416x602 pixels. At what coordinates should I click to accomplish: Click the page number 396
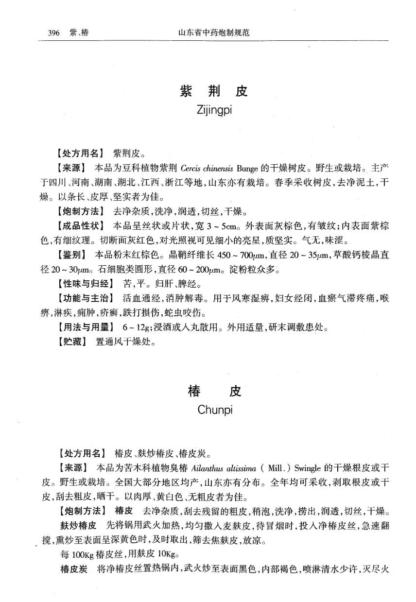tap(53, 33)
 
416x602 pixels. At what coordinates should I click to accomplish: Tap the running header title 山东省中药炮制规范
tap(214, 33)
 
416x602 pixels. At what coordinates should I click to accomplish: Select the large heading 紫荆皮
tap(213, 91)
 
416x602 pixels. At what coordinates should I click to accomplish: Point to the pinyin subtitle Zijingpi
tap(214, 110)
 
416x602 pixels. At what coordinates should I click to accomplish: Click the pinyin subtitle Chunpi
tap(215, 410)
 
